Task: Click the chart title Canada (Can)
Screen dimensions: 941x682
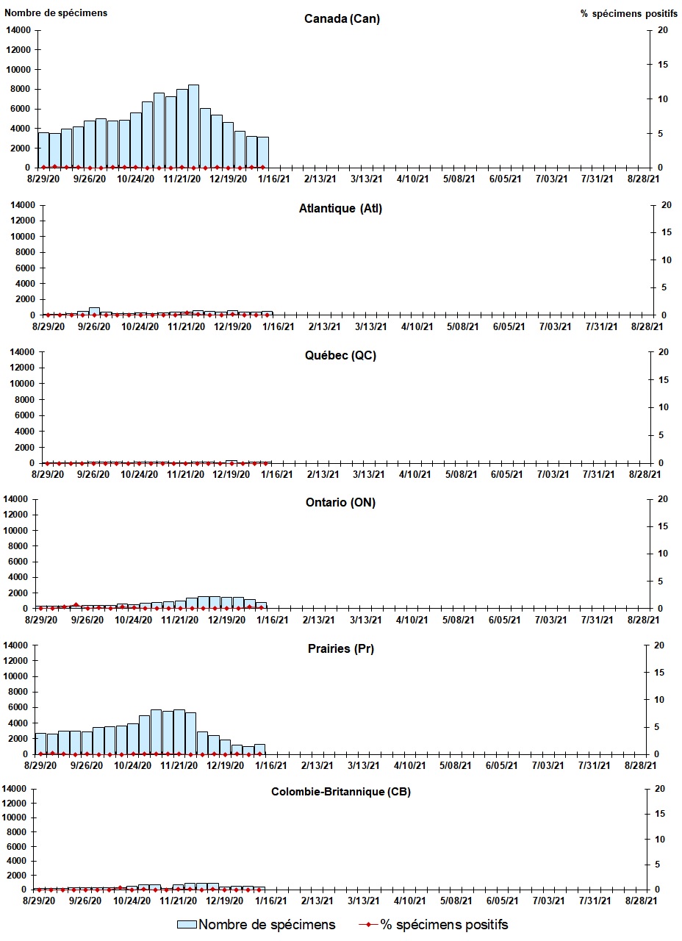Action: click(342, 19)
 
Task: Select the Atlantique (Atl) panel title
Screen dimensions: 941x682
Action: click(340, 209)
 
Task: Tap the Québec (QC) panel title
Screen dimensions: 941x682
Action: click(340, 356)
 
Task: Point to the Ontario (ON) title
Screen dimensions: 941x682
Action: click(340, 503)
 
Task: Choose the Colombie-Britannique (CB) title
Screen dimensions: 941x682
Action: click(341, 792)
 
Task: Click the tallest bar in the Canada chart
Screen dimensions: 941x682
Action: click(193, 126)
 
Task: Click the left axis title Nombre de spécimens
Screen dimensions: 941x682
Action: click(56, 13)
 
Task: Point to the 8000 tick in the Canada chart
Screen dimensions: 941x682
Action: click(21, 89)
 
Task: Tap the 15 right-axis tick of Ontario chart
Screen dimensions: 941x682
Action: click(664, 526)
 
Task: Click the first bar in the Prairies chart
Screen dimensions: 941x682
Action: click(40, 743)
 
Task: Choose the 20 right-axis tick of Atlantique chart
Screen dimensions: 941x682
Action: click(664, 204)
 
